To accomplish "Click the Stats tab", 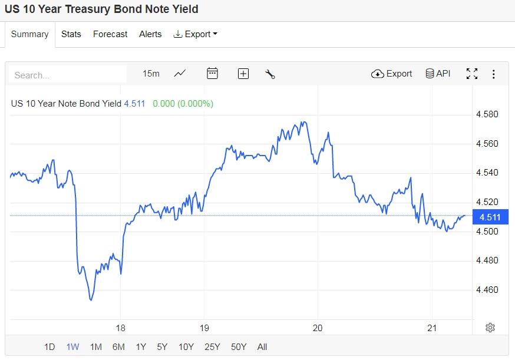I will [x=71, y=34].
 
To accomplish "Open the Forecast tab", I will [x=110, y=34].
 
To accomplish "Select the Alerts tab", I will [x=150, y=34].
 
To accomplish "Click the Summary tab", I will [x=29, y=34].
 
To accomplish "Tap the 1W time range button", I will [x=72, y=347].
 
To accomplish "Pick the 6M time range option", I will [x=118, y=347].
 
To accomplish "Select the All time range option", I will [x=262, y=347].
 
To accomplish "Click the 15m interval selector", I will [x=151, y=74].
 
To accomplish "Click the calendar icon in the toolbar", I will [x=213, y=74].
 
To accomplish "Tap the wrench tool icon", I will [x=270, y=74].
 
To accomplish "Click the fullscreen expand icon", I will [x=472, y=74].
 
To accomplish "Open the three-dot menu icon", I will [x=494, y=74].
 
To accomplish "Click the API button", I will [x=438, y=74].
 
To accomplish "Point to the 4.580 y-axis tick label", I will [x=487, y=114].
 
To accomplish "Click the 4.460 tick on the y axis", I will [x=487, y=290].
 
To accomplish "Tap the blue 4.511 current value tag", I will [x=490, y=217].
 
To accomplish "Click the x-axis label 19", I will [x=204, y=328].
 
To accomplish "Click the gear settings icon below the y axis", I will [x=490, y=328].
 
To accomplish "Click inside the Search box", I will [x=68, y=75].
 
